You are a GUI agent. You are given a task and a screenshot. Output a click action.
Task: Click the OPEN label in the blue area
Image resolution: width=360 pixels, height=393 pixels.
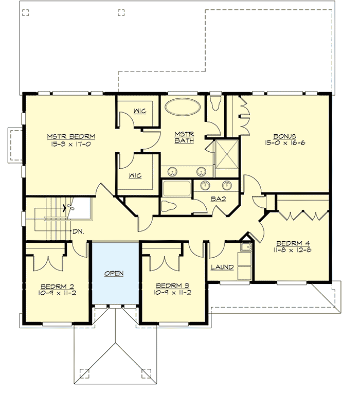pos(114,274)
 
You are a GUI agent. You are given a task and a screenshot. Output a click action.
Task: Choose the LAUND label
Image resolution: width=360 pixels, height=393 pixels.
pos(222,267)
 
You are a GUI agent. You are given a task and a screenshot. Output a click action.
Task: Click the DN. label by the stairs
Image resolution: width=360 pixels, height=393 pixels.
pos(78,231)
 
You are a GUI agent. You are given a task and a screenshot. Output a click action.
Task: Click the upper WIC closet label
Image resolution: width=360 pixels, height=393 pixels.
pos(139,111)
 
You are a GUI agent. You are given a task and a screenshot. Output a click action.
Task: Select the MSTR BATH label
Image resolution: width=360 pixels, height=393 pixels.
pos(183,137)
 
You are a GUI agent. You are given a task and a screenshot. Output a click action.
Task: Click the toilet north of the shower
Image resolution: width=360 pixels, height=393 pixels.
pos(216,104)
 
